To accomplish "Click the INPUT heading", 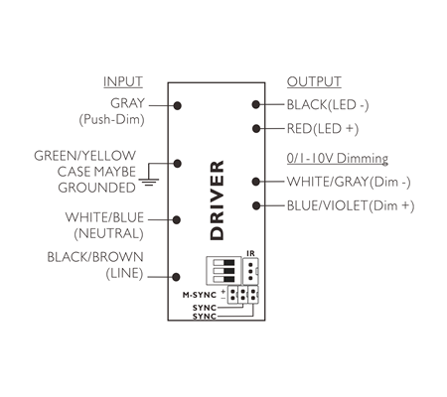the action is click(123, 81).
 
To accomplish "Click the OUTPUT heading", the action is click(314, 81).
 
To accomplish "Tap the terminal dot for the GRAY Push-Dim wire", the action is click(178, 105).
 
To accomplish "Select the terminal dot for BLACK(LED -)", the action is click(255, 104).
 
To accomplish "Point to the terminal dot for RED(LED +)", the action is click(255, 128).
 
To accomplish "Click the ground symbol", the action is click(149, 182).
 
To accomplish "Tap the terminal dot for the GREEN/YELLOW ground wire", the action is click(178, 163).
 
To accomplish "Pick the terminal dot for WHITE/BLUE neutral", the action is click(177, 219).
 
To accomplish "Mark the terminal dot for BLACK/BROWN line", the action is click(176, 277).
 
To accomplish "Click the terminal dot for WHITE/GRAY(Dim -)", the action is click(255, 182).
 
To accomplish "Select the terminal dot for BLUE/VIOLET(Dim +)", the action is click(255, 205).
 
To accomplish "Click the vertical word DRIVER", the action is click(218, 200).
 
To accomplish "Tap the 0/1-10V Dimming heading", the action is click(338, 158).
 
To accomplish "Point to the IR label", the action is click(250, 253).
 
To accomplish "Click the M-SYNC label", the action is click(200, 295).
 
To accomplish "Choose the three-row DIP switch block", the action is click(223, 271).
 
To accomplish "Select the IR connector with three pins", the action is click(250, 271).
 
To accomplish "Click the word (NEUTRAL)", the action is click(108, 234).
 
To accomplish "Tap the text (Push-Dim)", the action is click(111, 119).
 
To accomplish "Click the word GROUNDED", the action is click(96, 188).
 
